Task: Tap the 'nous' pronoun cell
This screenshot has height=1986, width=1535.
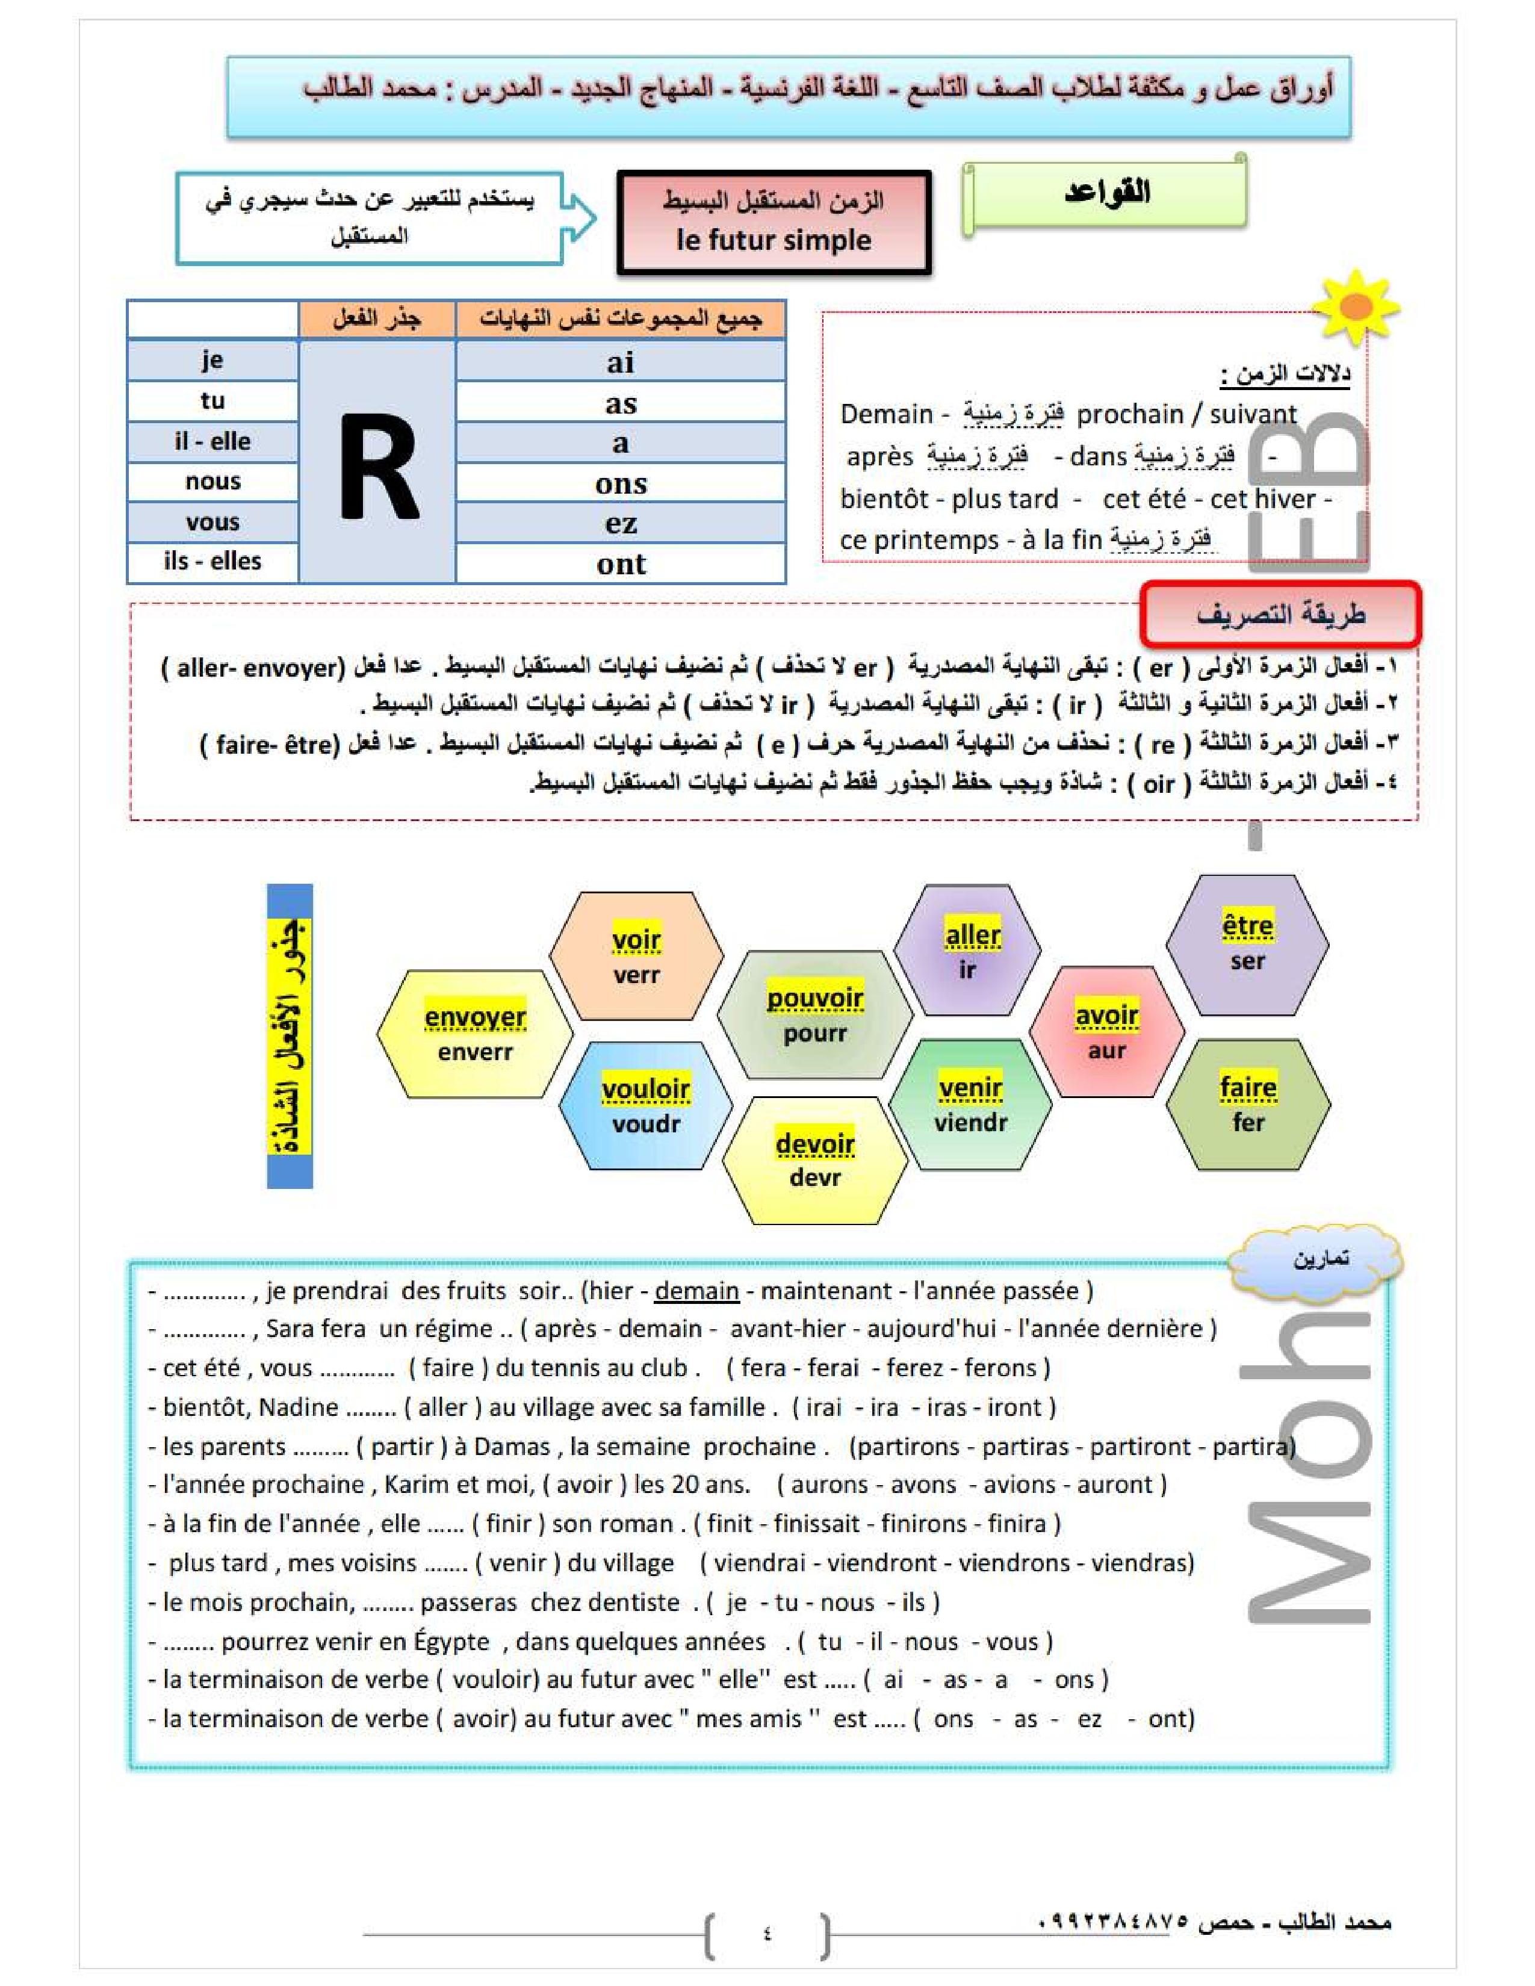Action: (212, 481)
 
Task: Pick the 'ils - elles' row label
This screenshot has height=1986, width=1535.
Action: (212, 561)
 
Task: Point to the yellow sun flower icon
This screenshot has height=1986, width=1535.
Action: (1356, 308)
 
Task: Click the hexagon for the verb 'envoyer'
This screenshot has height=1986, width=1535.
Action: (475, 1034)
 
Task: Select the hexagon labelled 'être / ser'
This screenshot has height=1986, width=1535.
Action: (1247, 944)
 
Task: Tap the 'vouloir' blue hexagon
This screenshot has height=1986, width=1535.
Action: (646, 1105)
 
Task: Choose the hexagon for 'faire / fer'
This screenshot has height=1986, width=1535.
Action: (1248, 1104)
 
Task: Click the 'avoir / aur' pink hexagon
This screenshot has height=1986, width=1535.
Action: (1106, 1032)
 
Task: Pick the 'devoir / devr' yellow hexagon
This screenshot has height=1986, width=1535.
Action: (815, 1159)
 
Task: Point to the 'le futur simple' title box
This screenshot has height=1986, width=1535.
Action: (774, 222)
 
